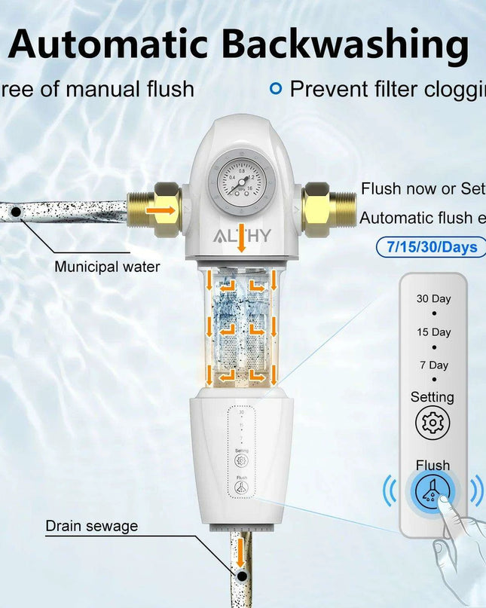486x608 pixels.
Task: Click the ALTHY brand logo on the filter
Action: [242, 236]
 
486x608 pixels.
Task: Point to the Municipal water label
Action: [107, 267]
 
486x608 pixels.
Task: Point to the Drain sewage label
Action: [91, 526]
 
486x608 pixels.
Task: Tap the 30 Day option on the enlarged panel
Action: [433, 298]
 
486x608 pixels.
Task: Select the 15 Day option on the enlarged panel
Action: [433, 331]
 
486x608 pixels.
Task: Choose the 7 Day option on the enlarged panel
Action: [433, 365]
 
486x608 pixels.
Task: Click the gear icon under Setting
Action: [433, 423]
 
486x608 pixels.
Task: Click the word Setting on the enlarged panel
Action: [433, 396]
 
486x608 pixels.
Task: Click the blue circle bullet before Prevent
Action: [276, 89]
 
